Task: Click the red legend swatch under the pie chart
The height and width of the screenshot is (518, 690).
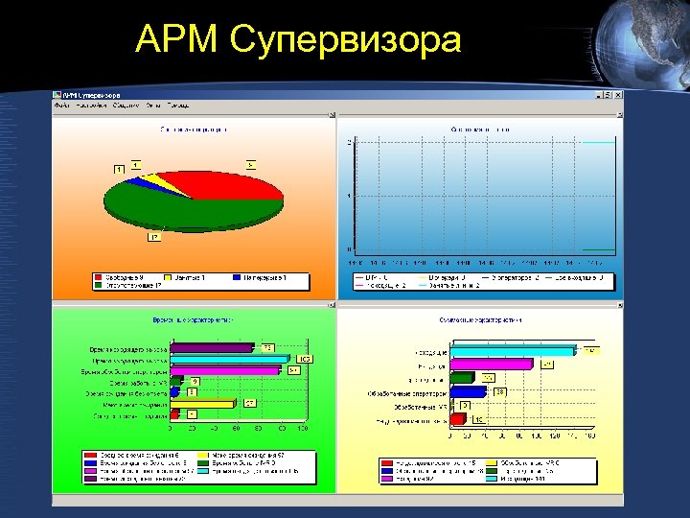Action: pyautogui.click(x=99, y=278)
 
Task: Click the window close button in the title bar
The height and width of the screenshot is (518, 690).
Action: pyautogui.click(x=617, y=96)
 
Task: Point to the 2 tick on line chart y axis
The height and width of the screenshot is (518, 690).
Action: pyautogui.click(x=349, y=142)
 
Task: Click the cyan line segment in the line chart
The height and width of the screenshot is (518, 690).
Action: pyautogui.click(x=598, y=142)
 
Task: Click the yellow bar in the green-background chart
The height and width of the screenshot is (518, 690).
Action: pyautogui.click(x=206, y=404)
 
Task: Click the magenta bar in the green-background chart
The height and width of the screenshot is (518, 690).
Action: pyautogui.click(x=224, y=369)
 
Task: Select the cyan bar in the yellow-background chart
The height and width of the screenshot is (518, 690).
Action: pyautogui.click(x=513, y=351)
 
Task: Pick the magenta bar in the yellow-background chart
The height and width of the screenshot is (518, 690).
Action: pyautogui.click(x=490, y=365)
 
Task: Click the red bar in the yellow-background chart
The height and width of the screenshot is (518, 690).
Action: pyautogui.click(x=458, y=419)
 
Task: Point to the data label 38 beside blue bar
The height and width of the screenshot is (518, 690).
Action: pyautogui.click(x=500, y=390)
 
